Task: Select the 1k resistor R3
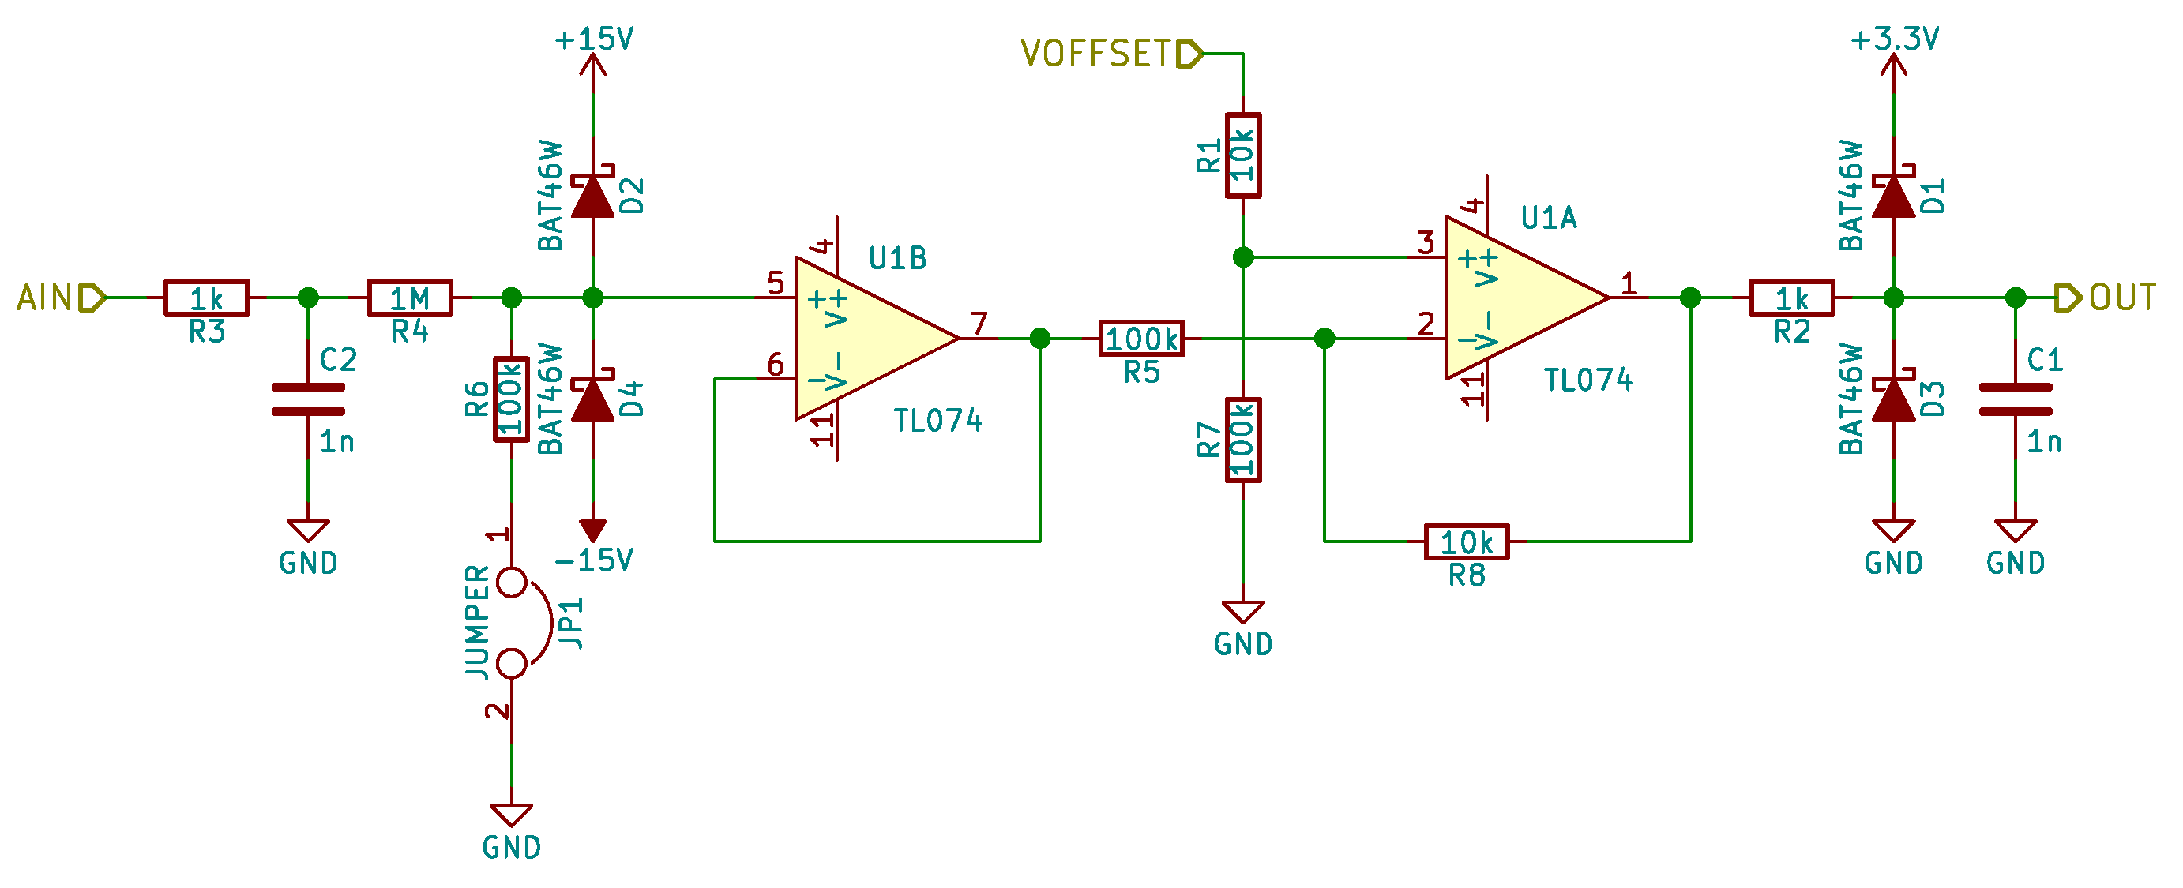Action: pos(206,298)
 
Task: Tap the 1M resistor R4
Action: pos(409,298)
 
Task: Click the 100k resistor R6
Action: pos(511,399)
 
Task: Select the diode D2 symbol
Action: pos(592,196)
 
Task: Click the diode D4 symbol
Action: pos(592,399)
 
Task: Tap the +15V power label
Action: pos(593,39)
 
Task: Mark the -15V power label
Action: pos(593,560)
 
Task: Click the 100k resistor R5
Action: pos(1140,339)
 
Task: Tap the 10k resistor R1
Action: pos(1242,156)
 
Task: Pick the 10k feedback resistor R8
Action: pos(1466,541)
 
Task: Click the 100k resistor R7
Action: pos(1242,440)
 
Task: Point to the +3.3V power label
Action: pos(1894,39)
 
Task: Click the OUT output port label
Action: pos(2122,298)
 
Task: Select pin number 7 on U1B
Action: pos(979,323)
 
